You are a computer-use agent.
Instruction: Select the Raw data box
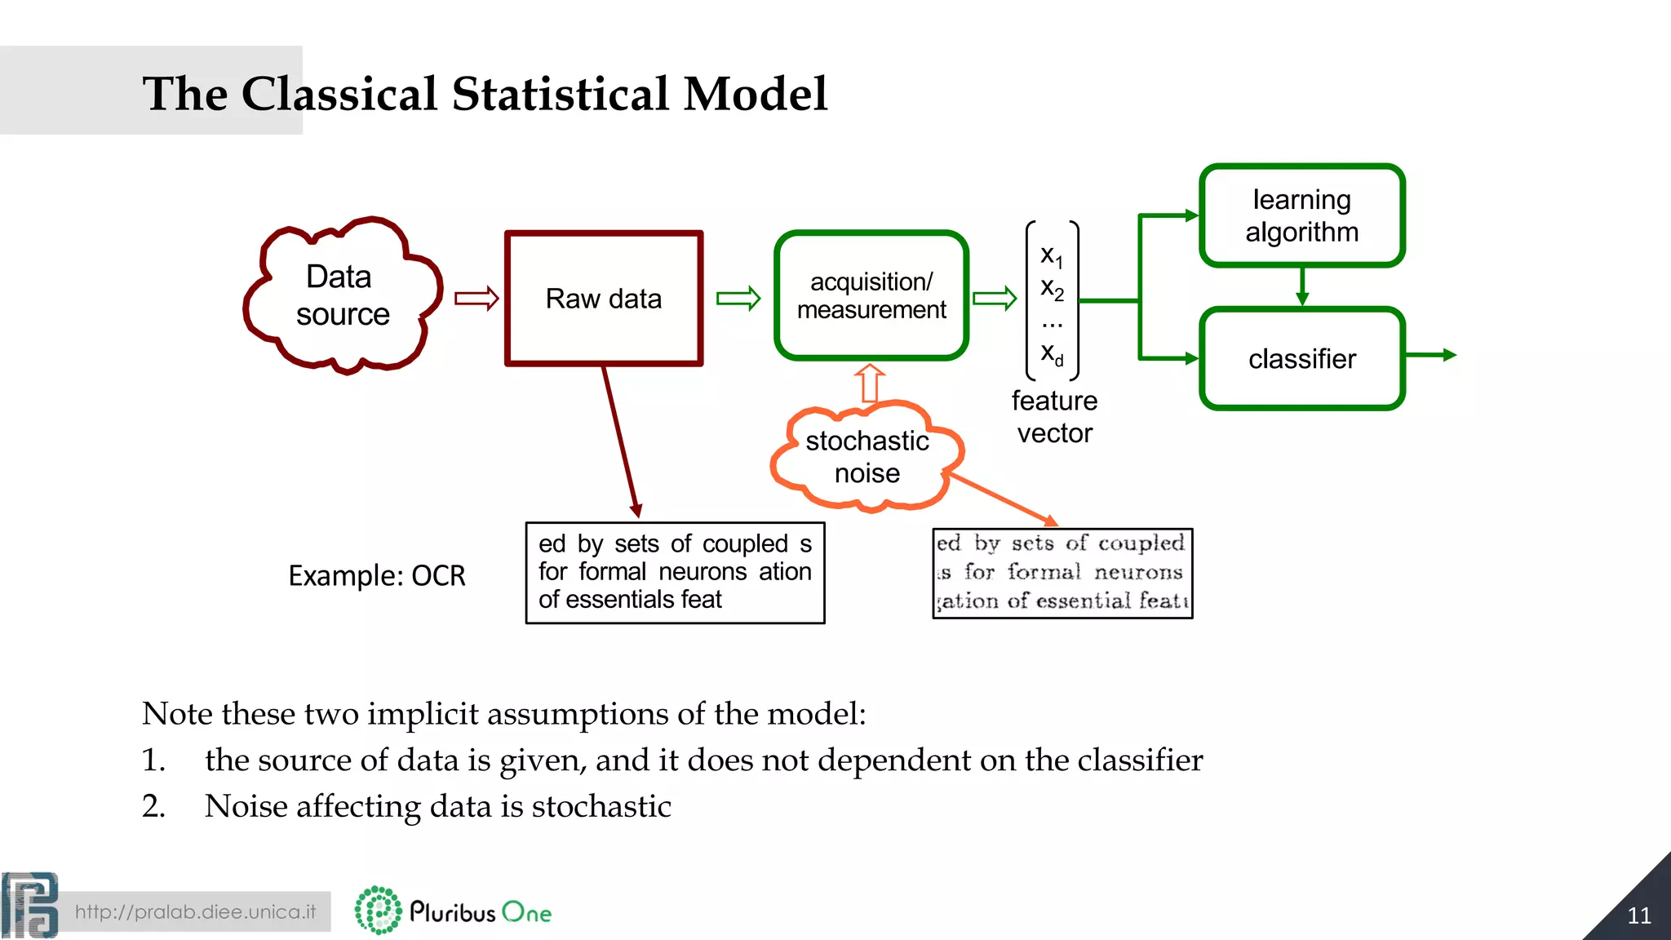pyautogui.click(x=604, y=299)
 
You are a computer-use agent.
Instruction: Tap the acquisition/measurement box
pyautogui.click(x=871, y=295)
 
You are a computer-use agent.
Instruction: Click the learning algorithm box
pyautogui.click(x=1301, y=215)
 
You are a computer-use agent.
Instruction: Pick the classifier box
pyautogui.click(x=1301, y=359)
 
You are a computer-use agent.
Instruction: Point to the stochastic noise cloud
pyautogui.click(x=867, y=457)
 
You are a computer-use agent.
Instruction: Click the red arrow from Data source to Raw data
pyautogui.click(x=476, y=299)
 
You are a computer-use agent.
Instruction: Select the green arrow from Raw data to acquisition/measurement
pyautogui.click(x=738, y=299)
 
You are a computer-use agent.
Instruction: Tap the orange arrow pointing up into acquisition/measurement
pyautogui.click(x=870, y=384)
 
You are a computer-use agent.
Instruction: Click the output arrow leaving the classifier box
pyautogui.click(x=1432, y=355)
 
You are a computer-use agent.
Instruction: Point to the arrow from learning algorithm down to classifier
pyautogui.click(x=1302, y=287)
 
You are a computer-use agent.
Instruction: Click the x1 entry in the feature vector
pyautogui.click(x=1052, y=256)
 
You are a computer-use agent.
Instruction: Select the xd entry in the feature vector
pyautogui.click(x=1052, y=354)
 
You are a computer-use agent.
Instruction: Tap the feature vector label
pyautogui.click(x=1054, y=417)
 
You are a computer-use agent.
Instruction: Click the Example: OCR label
pyautogui.click(x=376, y=576)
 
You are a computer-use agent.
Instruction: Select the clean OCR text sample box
pyautogui.click(x=675, y=573)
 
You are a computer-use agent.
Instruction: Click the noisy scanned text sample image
pyautogui.click(x=1062, y=573)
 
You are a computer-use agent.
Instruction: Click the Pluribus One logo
pyautogui.click(x=454, y=911)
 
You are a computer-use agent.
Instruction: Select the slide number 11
pyautogui.click(x=1638, y=916)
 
